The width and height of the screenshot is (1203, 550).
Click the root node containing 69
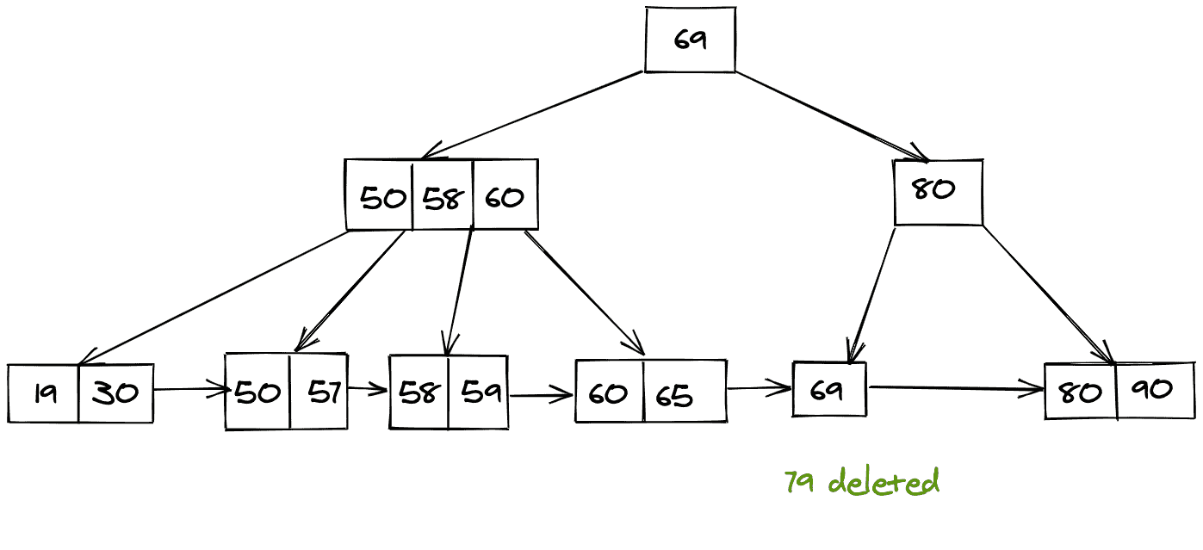pos(690,40)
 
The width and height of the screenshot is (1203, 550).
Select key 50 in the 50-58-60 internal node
pos(381,197)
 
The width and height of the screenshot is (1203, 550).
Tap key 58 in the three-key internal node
pos(443,197)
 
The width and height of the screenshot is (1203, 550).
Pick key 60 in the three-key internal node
pos(505,197)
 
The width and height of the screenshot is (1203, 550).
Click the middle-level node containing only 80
pos(938,192)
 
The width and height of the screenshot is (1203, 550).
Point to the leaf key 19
pos(44,393)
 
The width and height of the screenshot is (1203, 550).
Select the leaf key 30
pos(115,393)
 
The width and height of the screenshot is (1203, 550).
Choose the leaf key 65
pos(675,393)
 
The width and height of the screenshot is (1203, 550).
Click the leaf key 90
pos(1154,390)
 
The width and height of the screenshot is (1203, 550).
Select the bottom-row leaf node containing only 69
pos(828,390)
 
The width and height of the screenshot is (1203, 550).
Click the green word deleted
pos(884,482)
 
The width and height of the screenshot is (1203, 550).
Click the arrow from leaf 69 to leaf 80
pos(956,389)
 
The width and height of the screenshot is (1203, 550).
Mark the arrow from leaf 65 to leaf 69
pos(760,388)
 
